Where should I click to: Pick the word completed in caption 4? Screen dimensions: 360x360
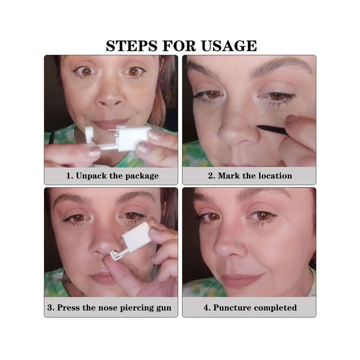275,308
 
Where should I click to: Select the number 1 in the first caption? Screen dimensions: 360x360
69,175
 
